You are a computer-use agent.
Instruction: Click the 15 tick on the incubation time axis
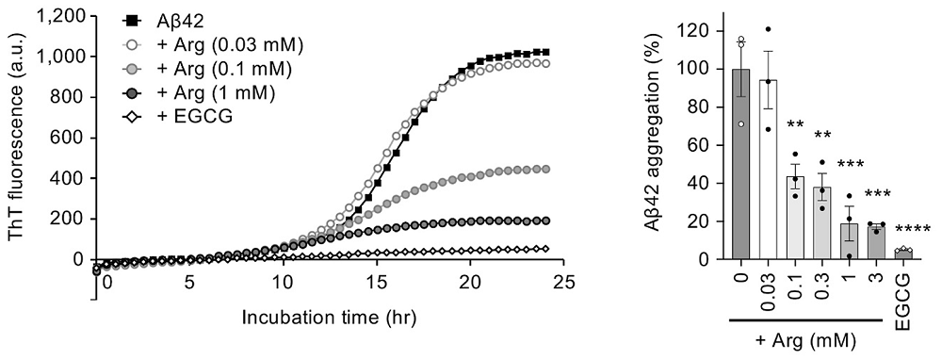click(377, 282)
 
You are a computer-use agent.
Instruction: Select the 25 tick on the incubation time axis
click(562, 282)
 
